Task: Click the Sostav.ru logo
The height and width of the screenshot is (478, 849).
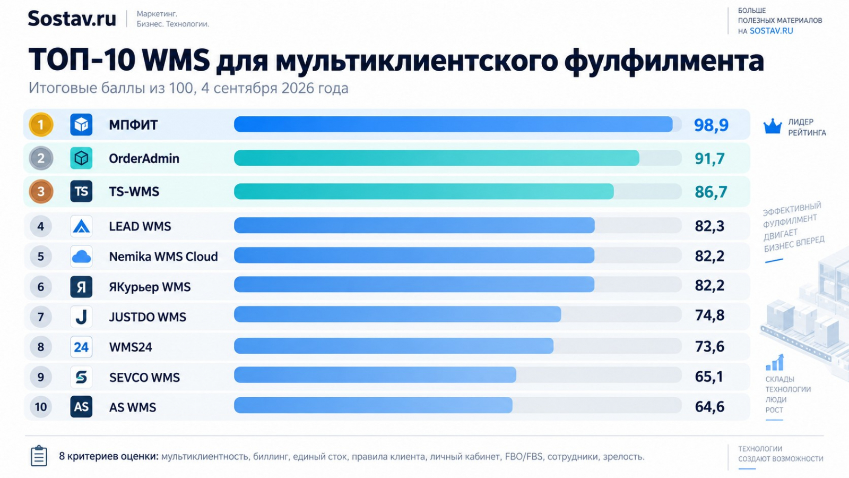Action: coord(72,18)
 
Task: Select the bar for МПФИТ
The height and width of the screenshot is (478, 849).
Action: coord(453,124)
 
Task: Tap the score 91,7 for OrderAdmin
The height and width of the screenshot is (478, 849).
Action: coord(709,159)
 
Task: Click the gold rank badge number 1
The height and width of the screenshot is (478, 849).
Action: coord(41,124)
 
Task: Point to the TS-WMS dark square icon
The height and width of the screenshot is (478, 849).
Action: coord(81,191)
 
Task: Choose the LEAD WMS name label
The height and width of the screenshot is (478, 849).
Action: coord(140,226)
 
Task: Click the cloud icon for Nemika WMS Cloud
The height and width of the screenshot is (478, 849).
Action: coord(81,257)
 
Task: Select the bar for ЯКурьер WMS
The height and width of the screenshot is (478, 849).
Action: coord(414,285)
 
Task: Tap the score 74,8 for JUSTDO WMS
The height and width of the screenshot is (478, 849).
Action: coord(709,315)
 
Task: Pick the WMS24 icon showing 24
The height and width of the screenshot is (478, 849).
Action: coord(81,347)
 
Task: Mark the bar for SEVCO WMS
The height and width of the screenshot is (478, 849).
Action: coord(375,375)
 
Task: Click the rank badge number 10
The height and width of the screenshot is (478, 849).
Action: coord(41,407)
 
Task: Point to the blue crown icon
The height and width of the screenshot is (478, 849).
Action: coord(773,126)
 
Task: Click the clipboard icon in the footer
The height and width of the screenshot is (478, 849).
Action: coord(39,456)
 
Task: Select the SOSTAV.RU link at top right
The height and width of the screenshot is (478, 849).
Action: coord(772,31)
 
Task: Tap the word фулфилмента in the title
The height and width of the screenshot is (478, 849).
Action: coord(664,61)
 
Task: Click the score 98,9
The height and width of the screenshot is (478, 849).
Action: coord(711,125)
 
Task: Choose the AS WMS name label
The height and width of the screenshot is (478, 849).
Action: coord(133,407)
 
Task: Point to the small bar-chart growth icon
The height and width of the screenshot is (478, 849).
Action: coord(775,362)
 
